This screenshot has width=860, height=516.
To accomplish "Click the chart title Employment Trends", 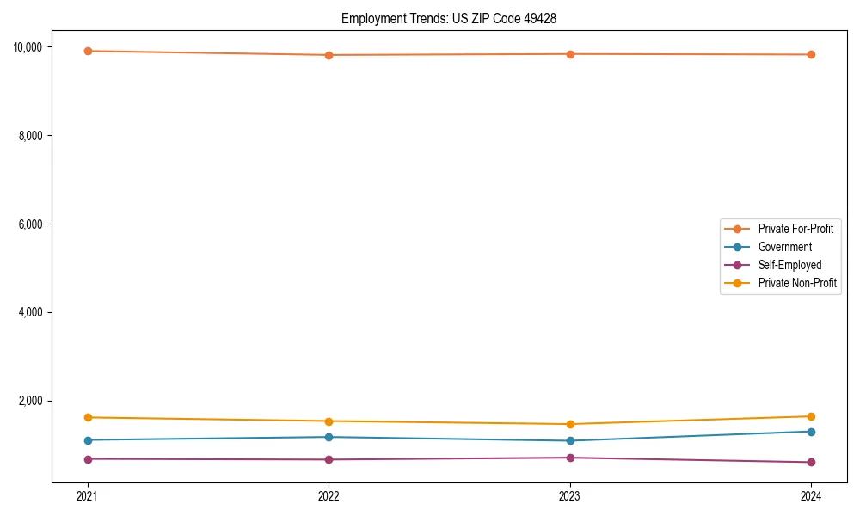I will (449, 18).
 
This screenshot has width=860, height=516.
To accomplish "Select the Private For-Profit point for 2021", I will (87, 51).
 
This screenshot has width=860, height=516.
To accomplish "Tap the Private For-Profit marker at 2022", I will (329, 55).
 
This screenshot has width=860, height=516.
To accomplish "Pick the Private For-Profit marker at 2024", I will (811, 54).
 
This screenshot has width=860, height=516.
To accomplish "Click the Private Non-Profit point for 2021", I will (87, 417).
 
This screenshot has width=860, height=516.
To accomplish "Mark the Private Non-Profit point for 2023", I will (570, 424).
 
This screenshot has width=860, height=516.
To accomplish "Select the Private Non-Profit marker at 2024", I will (811, 416).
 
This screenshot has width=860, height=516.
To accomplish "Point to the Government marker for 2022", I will (329, 437).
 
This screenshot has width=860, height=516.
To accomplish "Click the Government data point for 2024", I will (811, 432).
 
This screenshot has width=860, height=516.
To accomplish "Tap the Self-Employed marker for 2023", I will (570, 458).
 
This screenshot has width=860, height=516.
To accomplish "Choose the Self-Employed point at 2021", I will (87, 458).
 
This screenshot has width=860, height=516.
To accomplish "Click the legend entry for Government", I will (784, 247).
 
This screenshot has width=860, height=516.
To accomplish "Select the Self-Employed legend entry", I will (789, 265).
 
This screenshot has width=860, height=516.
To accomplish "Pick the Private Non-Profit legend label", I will (797, 283).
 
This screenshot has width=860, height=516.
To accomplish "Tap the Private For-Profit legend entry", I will (795, 229).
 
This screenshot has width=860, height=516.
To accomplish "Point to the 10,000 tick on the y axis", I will (34, 46).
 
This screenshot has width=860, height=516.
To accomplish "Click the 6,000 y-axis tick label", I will (36, 224).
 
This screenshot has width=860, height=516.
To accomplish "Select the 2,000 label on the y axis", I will (36, 401).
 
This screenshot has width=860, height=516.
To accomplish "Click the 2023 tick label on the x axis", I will (570, 495).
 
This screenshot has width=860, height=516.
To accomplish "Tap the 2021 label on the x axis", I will (87, 495).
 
